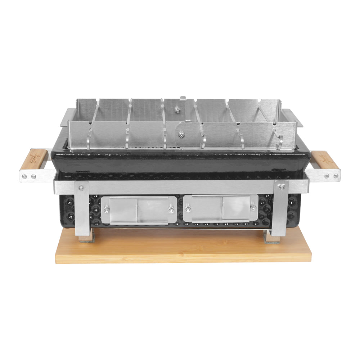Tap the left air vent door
pyautogui.click(x=139, y=210)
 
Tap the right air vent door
pyautogui.click(x=220, y=208)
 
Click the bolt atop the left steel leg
pyautogui.click(x=81, y=188)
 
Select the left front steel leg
pyautogui.click(x=82, y=212)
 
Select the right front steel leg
pyautogui.click(x=280, y=212)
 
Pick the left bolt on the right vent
pyautogui.click(x=188, y=208)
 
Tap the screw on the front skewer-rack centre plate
pyautogui.click(x=181, y=134)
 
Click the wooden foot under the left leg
pyautogui.click(x=86, y=238)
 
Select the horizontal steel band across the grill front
pyautogui.click(x=180, y=187)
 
